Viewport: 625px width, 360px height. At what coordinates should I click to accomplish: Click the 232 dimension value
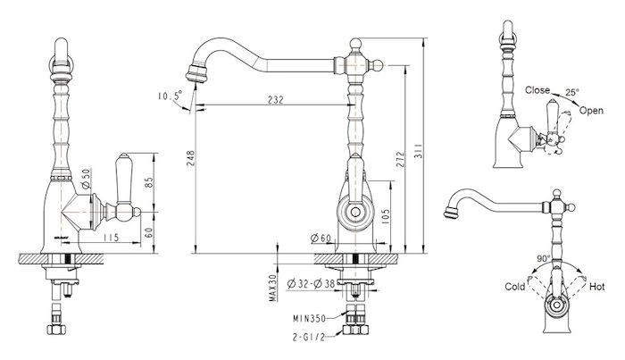pyautogui.click(x=275, y=100)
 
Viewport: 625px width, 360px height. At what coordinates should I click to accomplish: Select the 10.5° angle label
pyautogui.click(x=170, y=96)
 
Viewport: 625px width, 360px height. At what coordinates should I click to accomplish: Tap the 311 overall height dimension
pyautogui.click(x=418, y=151)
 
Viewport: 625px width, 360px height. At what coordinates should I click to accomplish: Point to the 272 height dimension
pyautogui.click(x=400, y=159)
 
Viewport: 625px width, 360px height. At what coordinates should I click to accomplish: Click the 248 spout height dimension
pyautogui.click(x=190, y=158)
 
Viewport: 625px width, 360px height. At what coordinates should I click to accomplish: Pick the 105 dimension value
pyautogui.click(x=385, y=217)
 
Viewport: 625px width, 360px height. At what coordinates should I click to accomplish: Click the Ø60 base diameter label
pyautogui.click(x=321, y=239)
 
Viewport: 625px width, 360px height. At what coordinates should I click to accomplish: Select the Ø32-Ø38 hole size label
pyautogui.click(x=311, y=284)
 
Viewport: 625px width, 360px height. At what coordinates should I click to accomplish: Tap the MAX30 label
pyautogui.click(x=273, y=288)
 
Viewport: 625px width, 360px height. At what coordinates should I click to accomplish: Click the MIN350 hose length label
pyautogui.click(x=309, y=319)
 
